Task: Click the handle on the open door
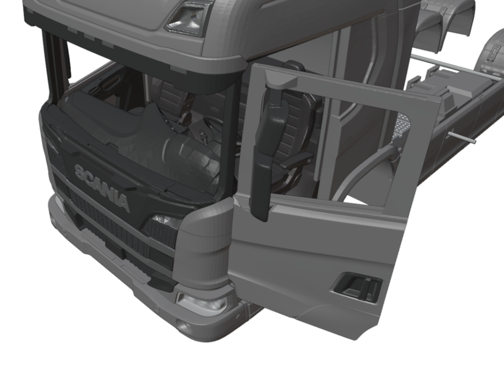[358, 287]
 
